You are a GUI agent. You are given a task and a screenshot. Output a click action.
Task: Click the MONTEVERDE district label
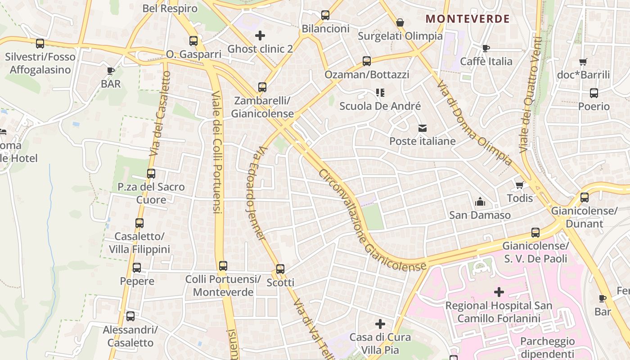468,19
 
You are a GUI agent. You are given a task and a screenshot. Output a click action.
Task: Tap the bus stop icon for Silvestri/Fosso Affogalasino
40,44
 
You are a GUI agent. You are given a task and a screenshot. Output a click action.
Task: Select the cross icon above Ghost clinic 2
260,35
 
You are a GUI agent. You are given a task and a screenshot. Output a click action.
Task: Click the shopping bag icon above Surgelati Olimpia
400,22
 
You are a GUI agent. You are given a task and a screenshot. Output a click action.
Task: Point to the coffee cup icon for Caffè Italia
486,48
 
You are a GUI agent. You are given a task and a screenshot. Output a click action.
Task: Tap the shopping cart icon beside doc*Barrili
583,62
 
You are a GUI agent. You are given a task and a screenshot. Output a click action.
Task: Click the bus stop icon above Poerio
594,93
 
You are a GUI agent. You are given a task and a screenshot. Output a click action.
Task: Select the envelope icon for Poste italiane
422,128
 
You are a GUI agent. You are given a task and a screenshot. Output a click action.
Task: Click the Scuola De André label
380,106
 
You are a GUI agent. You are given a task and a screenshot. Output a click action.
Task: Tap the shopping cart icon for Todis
520,185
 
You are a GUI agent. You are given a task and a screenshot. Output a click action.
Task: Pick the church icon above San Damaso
480,201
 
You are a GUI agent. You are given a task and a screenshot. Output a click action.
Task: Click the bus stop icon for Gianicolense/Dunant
585,197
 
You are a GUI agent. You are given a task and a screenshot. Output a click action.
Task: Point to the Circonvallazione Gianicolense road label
372,220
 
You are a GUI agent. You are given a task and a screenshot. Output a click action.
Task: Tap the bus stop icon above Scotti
280,269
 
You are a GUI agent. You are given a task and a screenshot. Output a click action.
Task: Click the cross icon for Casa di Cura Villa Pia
380,324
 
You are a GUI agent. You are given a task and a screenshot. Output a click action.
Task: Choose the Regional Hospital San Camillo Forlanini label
499,312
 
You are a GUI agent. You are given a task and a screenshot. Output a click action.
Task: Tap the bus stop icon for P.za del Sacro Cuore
151,173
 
